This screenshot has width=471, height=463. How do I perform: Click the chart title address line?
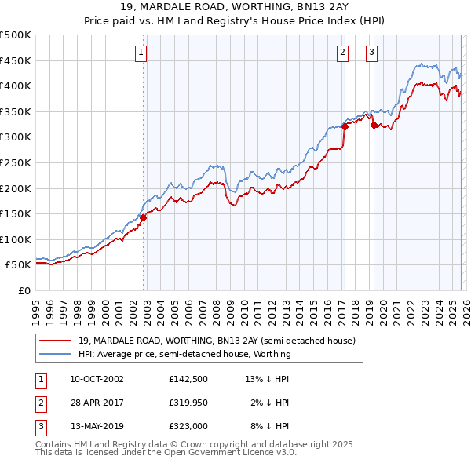pyautogui.click(x=235, y=7)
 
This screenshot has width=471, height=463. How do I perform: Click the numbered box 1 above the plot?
pyautogui.click(x=141, y=53)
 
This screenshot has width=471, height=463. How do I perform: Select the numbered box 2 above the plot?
pyautogui.click(x=343, y=53)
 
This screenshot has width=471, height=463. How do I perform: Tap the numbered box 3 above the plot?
pyautogui.click(x=371, y=53)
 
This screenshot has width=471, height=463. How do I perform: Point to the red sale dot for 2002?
pyautogui.click(x=144, y=218)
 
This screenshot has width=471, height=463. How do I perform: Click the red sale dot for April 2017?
pyautogui.click(x=345, y=126)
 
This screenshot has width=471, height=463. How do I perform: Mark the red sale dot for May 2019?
pyautogui.click(x=373, y=124)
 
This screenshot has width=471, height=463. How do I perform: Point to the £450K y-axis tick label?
pyautogui.click(x=16, y=60)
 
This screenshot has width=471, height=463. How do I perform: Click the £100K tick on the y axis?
pyautogui.click(x=16, y=239)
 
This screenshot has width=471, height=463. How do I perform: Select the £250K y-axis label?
pyautogui.click(x=16, y=162)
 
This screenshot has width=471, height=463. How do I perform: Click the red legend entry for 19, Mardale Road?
pyautogui.click(x=217, y=341)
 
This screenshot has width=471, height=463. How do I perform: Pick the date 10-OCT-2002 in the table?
pyautogui.click(x=97, y=379)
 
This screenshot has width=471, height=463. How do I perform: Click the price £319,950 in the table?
pyautogui.click(x=188, y=403)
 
